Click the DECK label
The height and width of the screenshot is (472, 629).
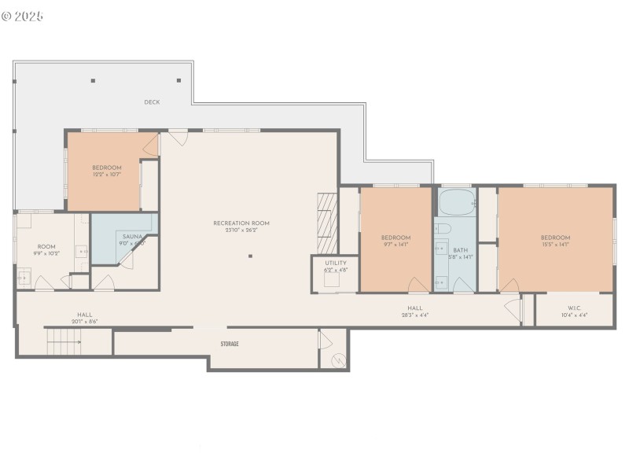(152, 102)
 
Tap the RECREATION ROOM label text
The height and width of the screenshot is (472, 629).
(241, 223)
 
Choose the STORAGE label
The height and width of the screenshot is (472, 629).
(230, 344)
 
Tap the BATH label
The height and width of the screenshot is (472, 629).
(460, 250)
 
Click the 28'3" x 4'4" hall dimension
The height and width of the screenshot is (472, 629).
(415, 315)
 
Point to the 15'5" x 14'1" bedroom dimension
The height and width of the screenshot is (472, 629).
(555, 245)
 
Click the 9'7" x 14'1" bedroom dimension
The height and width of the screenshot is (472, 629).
(395, 245)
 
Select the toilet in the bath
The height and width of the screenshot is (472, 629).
(442, 229)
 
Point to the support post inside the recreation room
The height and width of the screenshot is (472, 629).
(251, 256)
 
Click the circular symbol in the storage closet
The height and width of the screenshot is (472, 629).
(336, 360)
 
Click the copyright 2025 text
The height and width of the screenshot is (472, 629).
(23, 16)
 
